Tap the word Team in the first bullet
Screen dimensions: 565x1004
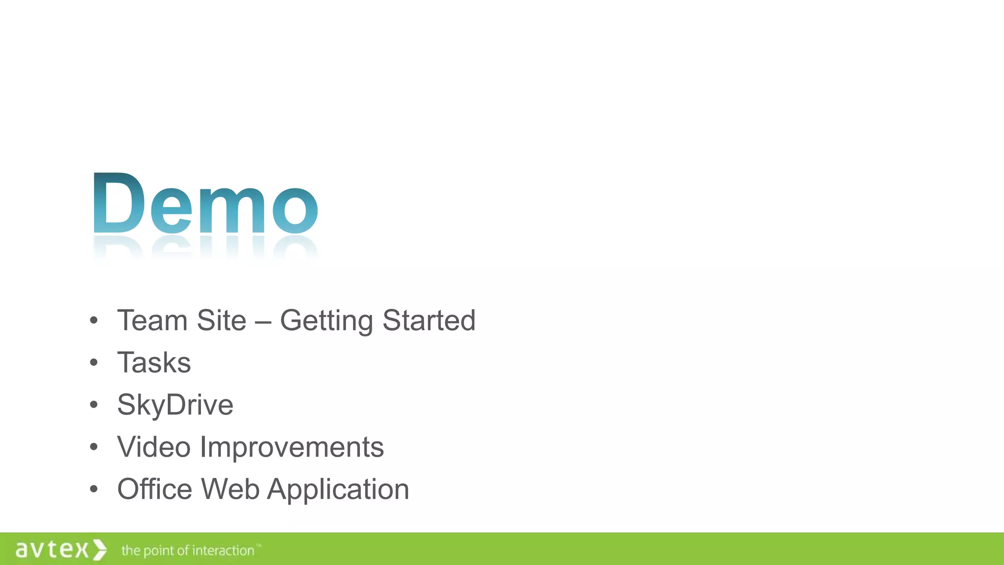click(152, 321)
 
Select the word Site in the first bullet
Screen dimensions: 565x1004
click(221, 321)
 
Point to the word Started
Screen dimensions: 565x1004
click(429, 321)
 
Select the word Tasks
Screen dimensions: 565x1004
click(154, 363)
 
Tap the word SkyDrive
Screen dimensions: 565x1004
click(175, 406)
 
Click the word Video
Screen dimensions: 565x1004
click(154, 447)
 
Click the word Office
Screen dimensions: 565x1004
click(154, 489)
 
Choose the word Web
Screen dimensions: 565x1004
click(230, 489)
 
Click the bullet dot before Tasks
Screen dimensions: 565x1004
click(94, 363)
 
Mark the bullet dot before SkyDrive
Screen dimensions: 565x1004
click(94, 405)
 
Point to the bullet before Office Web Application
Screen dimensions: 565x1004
click(94, 489)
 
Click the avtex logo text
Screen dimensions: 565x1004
click(52, 549)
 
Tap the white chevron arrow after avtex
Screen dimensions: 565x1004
click(100, 549)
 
